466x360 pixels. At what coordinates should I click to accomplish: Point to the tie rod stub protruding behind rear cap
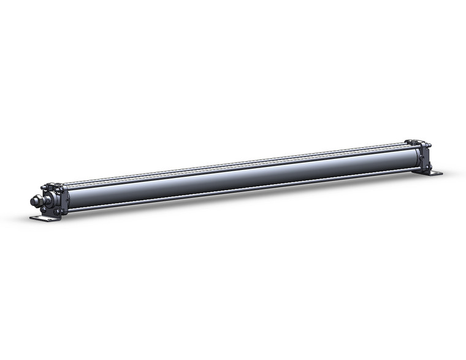tap(429, 146)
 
